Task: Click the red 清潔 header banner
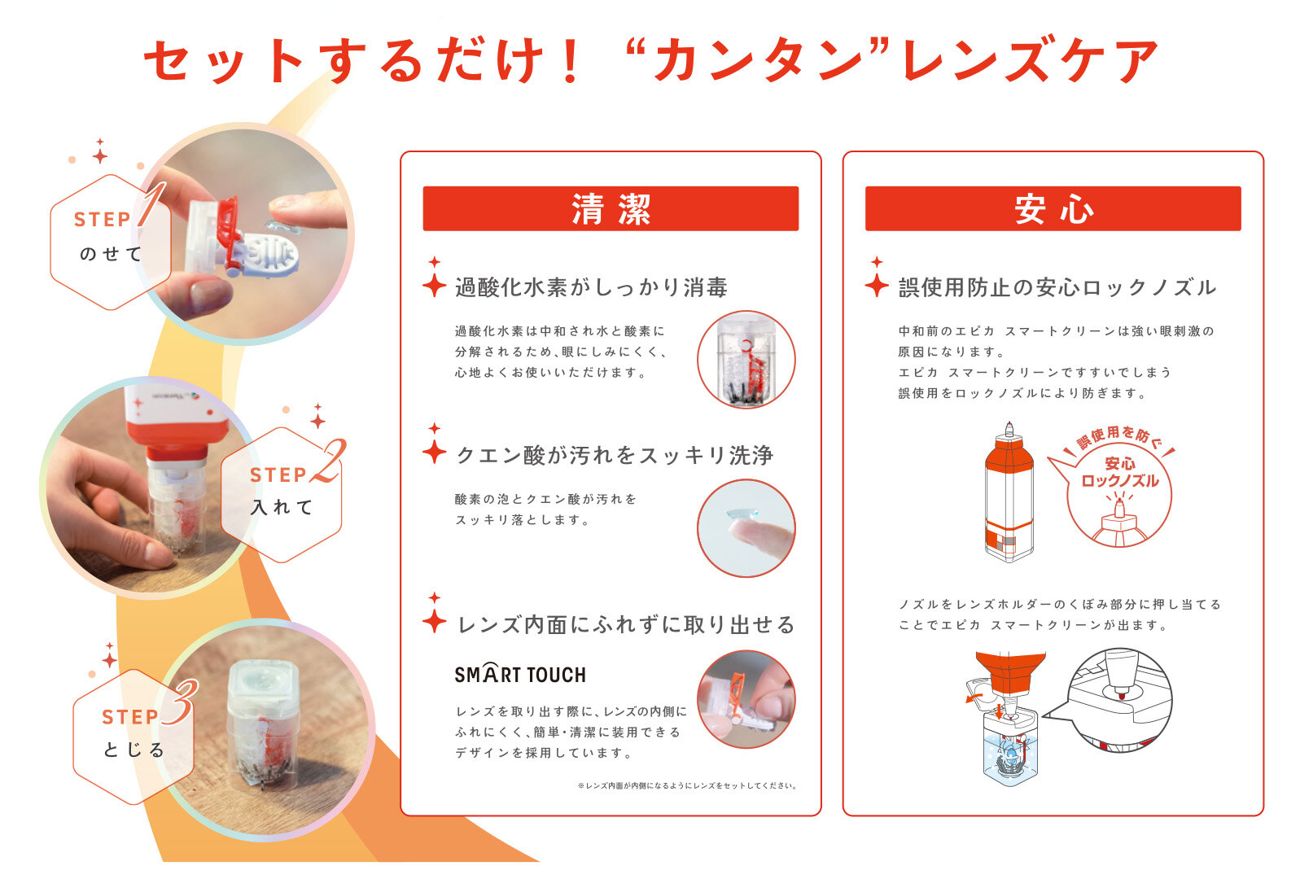coord(611,208)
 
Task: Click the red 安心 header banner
coord(1053,208)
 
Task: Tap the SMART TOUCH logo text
coord(520,674)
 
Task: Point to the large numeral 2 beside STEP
coord(329,461)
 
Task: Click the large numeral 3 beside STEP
coord(180,702)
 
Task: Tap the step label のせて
coord(110,254)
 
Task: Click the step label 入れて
coord(282,507)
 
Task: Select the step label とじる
coord(134,750)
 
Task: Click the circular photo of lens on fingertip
coord(746,528)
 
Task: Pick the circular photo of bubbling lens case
coord(746,360)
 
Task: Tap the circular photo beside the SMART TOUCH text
coord(746,699)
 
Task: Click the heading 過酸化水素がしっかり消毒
coord(591,287)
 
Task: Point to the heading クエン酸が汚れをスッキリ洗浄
coord(615,456)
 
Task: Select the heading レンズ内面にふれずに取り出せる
coord(626,625)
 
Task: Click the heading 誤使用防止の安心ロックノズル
coord(1057,287)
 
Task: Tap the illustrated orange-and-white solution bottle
coord(1009,492)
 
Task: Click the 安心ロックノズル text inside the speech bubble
coord(1119,472)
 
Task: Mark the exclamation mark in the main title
coord(571,61)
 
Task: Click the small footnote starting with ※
coord(687,785)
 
